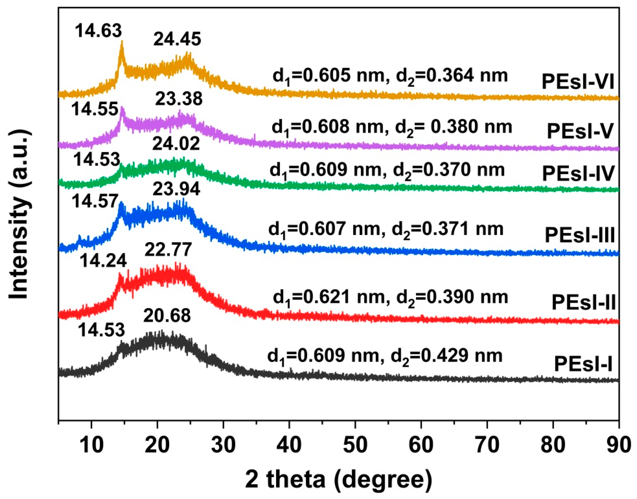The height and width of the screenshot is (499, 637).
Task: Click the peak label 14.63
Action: click(98, 31)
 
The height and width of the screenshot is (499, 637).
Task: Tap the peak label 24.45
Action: click(177, 39)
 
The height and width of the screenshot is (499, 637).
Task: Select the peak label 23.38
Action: click(179, 99)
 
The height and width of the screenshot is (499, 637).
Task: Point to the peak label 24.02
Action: click(176, 144)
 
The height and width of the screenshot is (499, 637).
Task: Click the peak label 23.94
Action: click(176, 189)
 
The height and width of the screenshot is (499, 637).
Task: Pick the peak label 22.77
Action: click(168, 250)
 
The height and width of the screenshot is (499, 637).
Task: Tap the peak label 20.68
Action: click(167, 316)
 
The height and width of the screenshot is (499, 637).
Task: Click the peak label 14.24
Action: click(103, 260)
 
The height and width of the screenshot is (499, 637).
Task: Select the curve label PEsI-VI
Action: click(578, 82)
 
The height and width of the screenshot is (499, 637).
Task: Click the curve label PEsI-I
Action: click(583, 364)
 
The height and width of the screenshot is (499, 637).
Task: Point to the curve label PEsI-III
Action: click(580, 235)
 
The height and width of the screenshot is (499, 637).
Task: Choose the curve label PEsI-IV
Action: click(578, 174)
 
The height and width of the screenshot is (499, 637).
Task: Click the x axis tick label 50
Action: click(355, 445)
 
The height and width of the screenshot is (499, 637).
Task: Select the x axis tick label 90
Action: click(618, 445)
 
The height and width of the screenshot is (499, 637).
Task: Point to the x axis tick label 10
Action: click(92, 445)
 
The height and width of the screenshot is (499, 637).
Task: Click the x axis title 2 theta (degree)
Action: click(338, 479)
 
